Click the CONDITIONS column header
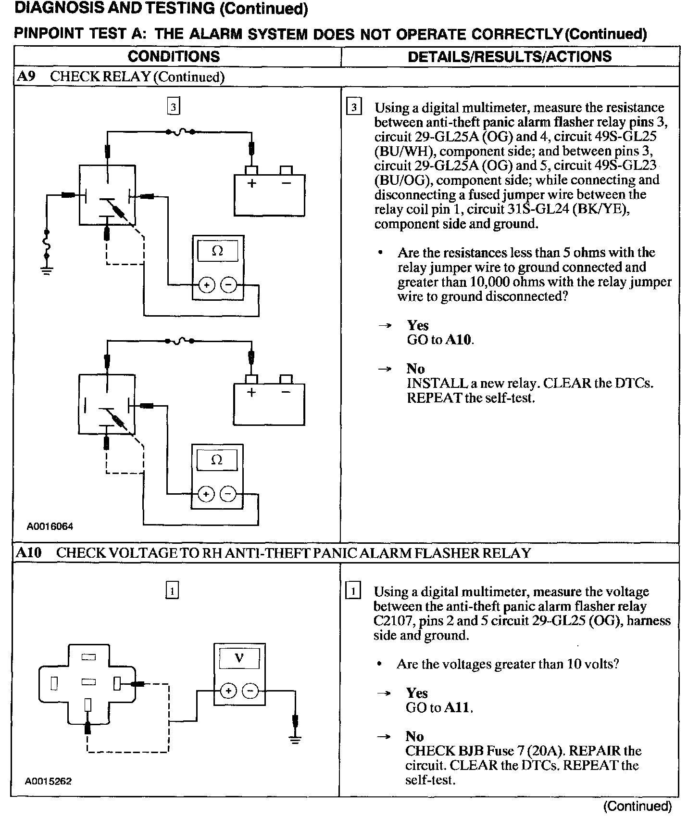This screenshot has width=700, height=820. (174, 56)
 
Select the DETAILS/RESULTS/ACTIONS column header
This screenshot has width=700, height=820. (510, 56)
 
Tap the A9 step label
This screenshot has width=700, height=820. (26, 77)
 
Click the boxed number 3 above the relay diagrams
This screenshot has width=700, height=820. (173, 106)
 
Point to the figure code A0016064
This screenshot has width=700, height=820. (50, 526)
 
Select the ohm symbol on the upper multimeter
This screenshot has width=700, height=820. (217, 251)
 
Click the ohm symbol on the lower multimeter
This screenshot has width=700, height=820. (217, 460)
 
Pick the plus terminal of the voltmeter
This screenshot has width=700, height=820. (228, 691)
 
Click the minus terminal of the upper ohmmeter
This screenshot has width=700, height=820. (228, 285)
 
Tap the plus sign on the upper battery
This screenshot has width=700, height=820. (251, 183)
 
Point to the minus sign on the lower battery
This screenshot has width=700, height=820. (286, 392)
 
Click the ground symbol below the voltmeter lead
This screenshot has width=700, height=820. (295, 740)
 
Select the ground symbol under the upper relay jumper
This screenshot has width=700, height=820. (47, 269)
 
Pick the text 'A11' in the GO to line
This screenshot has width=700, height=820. (457, 708)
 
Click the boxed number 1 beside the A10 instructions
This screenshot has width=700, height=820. (353, 590)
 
